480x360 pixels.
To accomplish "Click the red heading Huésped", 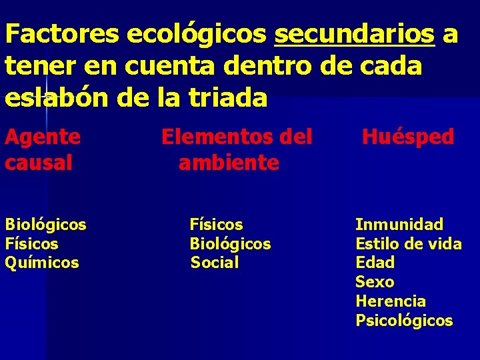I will coord(407,137).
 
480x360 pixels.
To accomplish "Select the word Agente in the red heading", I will coord(43,137).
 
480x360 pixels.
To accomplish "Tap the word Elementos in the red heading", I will coord(213,137).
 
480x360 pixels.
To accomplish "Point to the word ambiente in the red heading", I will coord(229,163).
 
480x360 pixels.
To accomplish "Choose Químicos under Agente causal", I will coord(42,263).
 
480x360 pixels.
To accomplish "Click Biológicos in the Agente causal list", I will coord(45,225).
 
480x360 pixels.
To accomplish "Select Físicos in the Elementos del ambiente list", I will coord(216,225).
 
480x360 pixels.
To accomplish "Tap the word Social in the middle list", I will coord(214,263).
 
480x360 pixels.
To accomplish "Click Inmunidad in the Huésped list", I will coord(399,225).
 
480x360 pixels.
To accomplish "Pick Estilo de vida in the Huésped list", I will coord(408,244).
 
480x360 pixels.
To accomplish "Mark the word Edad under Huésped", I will coord(375,263).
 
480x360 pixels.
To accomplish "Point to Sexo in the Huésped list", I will coord(374,282).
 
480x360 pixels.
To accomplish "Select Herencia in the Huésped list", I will coord(391,301).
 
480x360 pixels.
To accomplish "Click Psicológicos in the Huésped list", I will coord(404,321).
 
